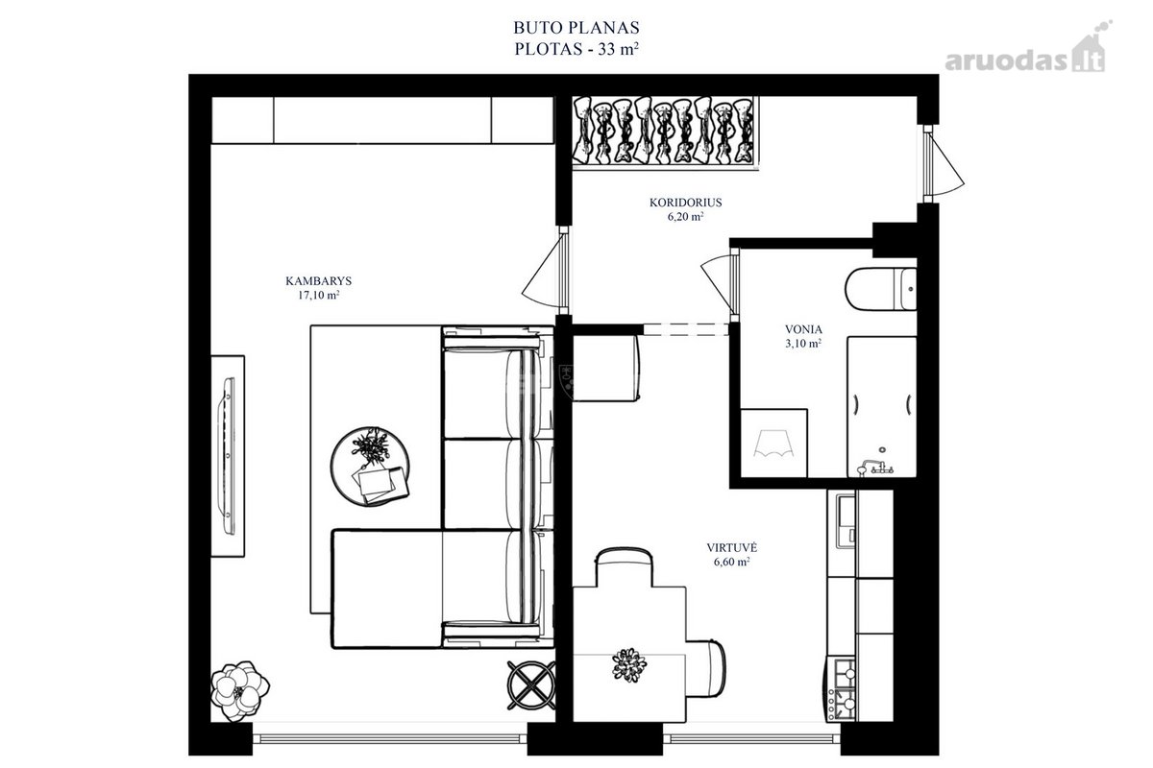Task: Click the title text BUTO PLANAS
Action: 576,27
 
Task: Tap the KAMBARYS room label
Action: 319,281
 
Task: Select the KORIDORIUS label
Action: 686,203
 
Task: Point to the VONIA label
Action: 803,329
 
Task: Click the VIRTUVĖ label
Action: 731,547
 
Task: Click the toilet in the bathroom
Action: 881,289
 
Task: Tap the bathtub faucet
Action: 874,468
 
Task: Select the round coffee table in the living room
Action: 370,466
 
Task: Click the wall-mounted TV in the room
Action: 227,456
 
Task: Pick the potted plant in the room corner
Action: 239,690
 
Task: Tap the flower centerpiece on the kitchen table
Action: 628,664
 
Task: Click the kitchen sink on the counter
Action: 846,521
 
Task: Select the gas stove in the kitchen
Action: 842,688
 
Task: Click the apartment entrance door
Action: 942,164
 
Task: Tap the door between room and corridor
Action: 546,270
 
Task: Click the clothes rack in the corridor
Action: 665,132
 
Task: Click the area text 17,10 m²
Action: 319,295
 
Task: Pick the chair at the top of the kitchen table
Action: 625,567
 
